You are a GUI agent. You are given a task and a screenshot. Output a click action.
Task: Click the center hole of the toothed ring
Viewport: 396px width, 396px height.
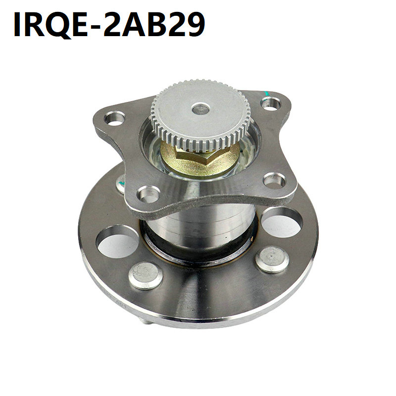[x=200, y=109]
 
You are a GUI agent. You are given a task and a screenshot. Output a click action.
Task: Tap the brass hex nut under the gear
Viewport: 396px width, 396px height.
[x=199, y=159]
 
